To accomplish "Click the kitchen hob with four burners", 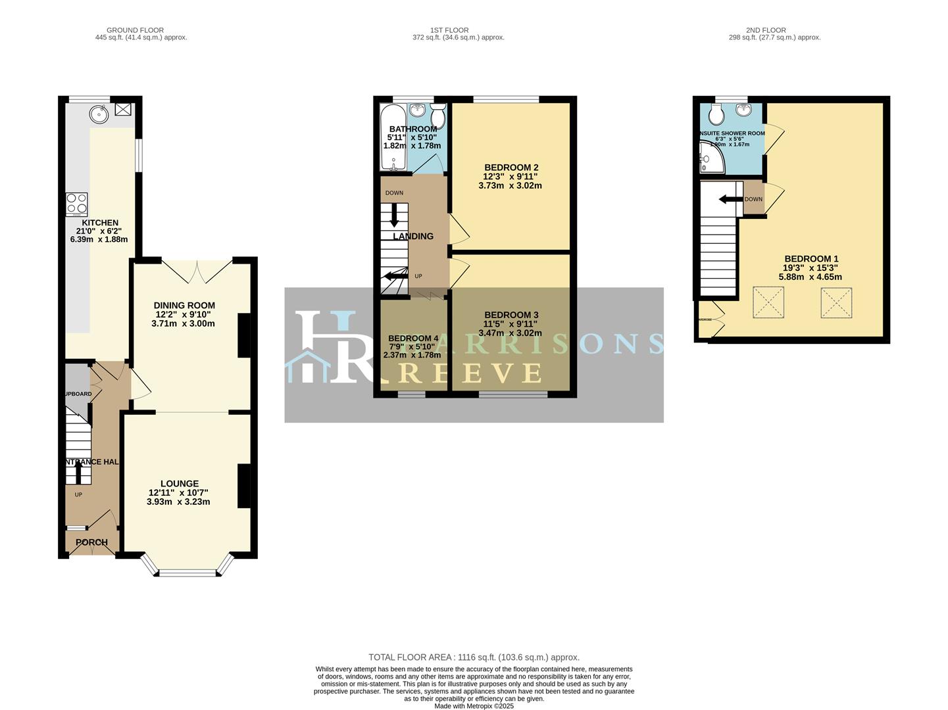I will click(76, 204).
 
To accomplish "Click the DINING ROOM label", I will click(184, 305).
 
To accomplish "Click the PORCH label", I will click(91, 542).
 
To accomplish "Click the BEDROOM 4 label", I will click(413, 338).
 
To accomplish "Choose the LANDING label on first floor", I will click(413, 236).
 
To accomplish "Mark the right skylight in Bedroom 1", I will click(835, 302).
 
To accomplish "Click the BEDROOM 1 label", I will click(811, 259).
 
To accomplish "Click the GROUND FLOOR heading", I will click(135, 30).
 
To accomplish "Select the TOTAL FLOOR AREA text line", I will click(474, 657).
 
